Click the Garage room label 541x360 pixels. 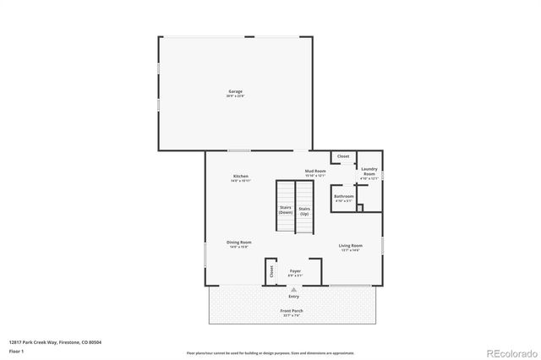235,92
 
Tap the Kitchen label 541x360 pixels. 241,177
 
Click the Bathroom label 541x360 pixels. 344,198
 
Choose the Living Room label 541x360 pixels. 350,247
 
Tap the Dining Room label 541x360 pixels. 239,243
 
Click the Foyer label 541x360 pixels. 295,272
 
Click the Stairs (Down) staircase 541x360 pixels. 285,209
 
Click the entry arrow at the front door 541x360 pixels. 294,288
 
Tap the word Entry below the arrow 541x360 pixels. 294,297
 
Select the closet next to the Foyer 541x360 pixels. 271,271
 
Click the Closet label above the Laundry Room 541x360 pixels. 343,156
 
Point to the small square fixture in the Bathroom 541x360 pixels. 359,207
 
